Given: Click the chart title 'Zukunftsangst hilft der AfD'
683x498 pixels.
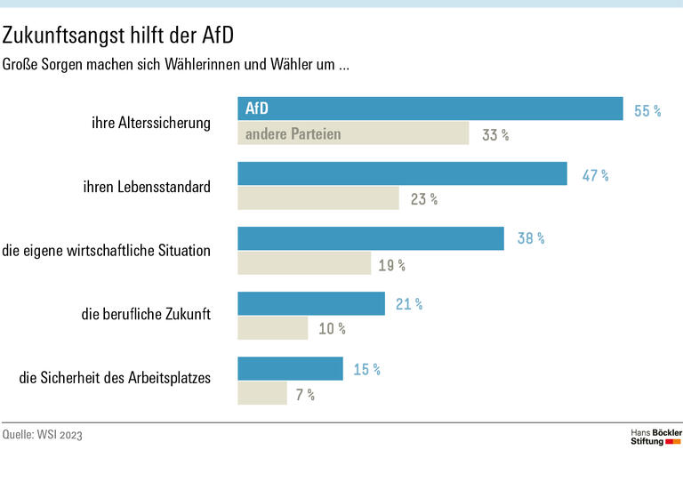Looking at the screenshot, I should pyautogui.click(x=118, y=36).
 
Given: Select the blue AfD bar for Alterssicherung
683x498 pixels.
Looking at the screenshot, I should pyautogui.click(x=430, y=108).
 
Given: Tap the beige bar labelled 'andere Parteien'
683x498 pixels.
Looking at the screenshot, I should pyautogui.click(x=352, y=134).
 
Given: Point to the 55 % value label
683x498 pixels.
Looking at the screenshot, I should pyautogui.click(x=647, y=111).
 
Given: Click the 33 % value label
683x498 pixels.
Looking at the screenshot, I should pyautogui.click(x=495, y=136).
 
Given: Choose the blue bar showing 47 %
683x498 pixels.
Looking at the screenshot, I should pyautogui.click(x=402, y=174).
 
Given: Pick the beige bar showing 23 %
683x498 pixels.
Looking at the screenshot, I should pyautogui.click(x=317, y=198).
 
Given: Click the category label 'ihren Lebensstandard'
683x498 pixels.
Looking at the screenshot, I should pyautogui.click(x=147, y=187).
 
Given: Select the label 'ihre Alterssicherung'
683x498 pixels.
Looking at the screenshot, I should pyautogui.click(x=151, y=123).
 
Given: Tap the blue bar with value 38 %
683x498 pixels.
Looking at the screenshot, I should pyautogui.click(x=370, y=238).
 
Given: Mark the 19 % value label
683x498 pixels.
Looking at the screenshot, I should pyautogui.click(x=391, y=264).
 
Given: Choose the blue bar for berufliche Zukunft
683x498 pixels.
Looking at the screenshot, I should pyautogui.click(x=310, y=304).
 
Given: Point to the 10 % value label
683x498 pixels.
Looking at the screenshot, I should pyautogui.click(x=332, y=329).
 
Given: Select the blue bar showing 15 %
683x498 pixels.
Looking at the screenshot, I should pyautogui.click(x=290, y=369).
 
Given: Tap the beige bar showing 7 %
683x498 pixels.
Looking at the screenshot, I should pyautogui.click(x=261, y=393).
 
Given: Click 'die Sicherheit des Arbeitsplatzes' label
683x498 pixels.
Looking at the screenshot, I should pyautogui.click(x=115, y=378).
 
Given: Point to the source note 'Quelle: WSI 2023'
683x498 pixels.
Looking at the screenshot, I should pyautogui.click(x=48, y=435).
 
